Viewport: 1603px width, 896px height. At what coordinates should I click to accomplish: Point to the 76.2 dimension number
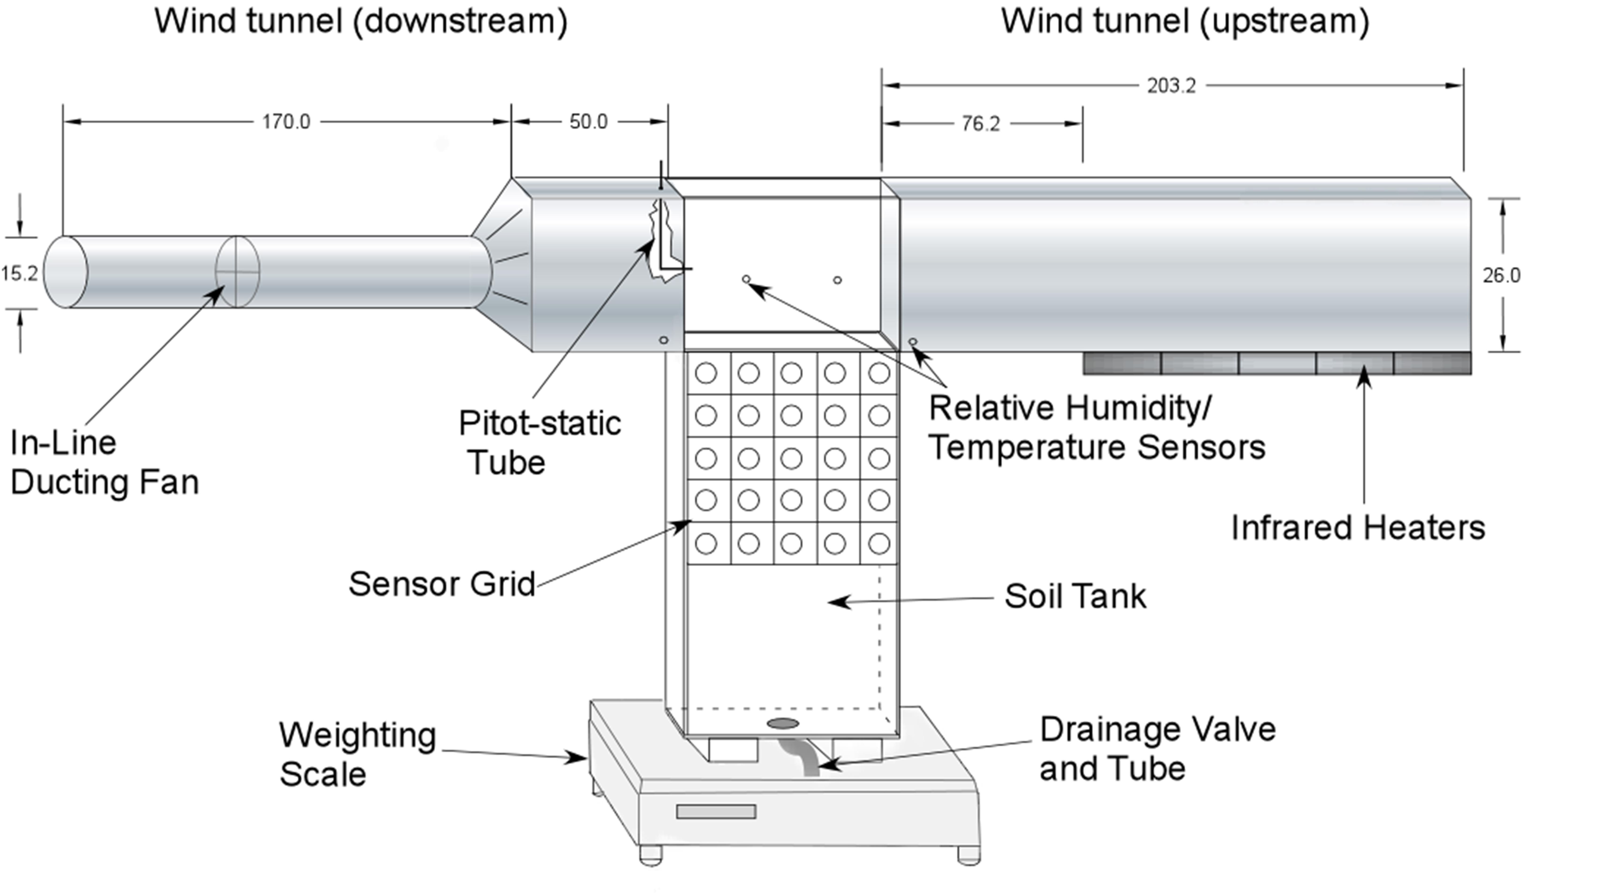(981, 124)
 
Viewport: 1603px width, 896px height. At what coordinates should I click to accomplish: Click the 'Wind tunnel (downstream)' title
(361, 22)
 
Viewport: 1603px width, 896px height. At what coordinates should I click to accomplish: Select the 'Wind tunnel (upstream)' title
(1185, 22)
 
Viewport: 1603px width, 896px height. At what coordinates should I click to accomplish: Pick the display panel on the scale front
(716, 811)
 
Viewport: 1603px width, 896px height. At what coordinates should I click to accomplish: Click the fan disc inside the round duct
(237, 272)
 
